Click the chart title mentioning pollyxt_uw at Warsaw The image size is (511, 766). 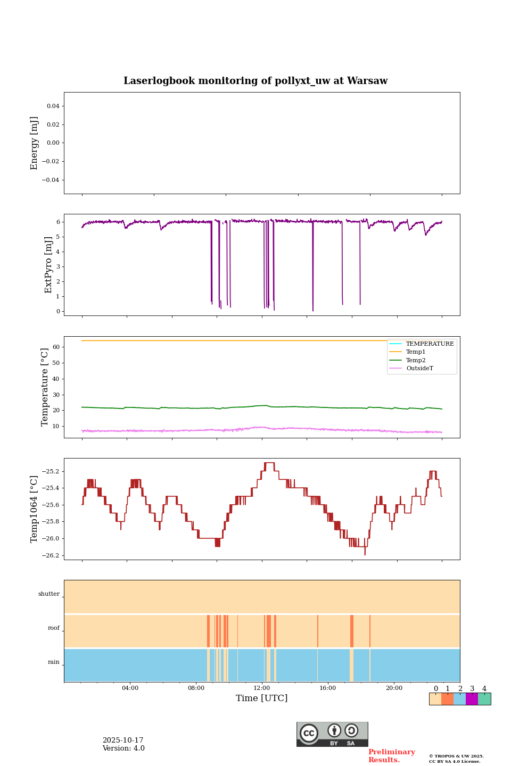pos(256,81)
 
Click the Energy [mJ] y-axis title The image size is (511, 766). pos(34,143)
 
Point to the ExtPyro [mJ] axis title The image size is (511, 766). pos(48,265)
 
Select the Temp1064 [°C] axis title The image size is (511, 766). pos(34,509)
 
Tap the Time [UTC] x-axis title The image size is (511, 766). pos(261,698)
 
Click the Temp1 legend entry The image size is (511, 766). pos(416,352)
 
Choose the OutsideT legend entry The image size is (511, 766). pos(419,369)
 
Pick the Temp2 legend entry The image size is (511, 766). pos(416,360)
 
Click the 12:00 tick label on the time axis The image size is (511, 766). pos(262,688)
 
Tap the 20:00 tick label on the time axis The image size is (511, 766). pos(394,688)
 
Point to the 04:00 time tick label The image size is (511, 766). pos(130,688)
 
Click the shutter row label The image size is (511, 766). pos(49,594)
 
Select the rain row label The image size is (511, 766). pos(54,662)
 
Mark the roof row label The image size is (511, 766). pos(54,628)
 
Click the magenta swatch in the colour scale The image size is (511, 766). pos(472,699)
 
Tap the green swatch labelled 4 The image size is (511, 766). pos(484,699)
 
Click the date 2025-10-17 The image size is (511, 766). pos(123,740)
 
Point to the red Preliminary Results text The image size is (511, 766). pos(391,756)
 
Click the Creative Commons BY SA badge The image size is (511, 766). pos(332,734)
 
